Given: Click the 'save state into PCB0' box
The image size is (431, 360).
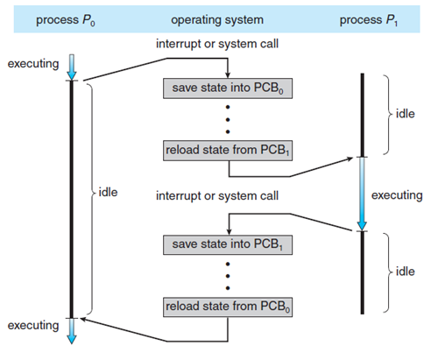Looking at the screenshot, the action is pyautogui.click(x=228, y=88).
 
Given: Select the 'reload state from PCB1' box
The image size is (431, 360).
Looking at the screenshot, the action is pyautogui.click(x=228, y=151).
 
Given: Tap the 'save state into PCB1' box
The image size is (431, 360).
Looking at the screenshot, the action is pyautogui.click(x=228, y=244).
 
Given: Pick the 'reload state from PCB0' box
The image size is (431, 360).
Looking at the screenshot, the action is pyautogui.click(x=228, y=307).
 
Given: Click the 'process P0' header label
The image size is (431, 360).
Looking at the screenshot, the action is pyautogui.click(x=66, y=20).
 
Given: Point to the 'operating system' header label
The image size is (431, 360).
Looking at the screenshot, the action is pyautogui.click(x=217, y=20).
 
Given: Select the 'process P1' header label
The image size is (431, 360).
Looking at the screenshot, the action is pyautogui.click(x=369, y=20).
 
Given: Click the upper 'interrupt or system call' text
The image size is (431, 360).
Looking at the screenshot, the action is pyautogui.click(x=217, y=44).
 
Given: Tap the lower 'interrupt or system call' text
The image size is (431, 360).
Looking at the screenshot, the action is pyautogui.click(x=217, y=195).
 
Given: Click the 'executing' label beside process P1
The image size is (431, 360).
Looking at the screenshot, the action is pyautogui.click(x=397, y=195).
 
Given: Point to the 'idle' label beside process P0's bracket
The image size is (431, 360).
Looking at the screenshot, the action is pyautogui.click(x=108, y=192).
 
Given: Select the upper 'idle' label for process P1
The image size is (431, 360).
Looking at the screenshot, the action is pyautogui.click(x=405, y=114).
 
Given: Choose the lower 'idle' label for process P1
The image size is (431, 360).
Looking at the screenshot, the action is pyautogui.click(x=405, y=272).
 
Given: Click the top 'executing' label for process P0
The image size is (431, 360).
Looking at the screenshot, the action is pyautogui.click(x=33, y=64).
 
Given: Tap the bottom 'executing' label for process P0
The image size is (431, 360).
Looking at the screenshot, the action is pyautogui.click(x=33, y=325).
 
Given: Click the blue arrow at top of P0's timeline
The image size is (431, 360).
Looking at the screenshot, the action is pyautogui.click(x=72, y=67).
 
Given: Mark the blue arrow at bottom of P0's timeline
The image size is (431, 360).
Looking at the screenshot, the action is pyautogui.click(x=72, y=331).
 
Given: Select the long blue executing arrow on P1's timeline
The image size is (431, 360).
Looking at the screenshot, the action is pyautogui.click(x=362, y=194).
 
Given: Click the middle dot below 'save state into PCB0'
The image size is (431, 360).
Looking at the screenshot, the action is pyautogui.click(x=228, y=119).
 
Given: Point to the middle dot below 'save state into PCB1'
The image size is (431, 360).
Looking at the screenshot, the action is pyautogui.click(x=228, y=276).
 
